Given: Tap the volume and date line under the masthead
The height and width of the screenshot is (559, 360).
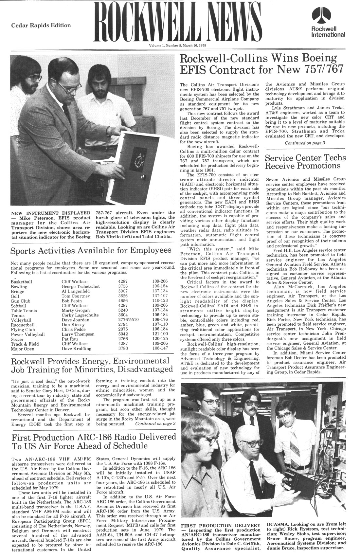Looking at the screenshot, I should (180, 46).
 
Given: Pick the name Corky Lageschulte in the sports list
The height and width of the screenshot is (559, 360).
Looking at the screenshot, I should (80, 315).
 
